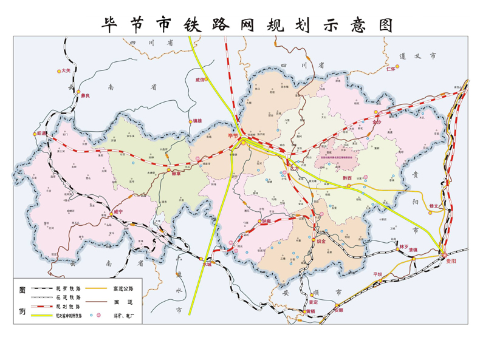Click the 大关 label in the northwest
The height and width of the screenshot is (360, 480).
point(67,71)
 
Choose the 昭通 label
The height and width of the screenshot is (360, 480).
point(42,132)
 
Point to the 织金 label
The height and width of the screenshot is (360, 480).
point(321,241)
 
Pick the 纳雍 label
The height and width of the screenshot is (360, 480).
point(265,221)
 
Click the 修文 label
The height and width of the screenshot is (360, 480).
point(434,206)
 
